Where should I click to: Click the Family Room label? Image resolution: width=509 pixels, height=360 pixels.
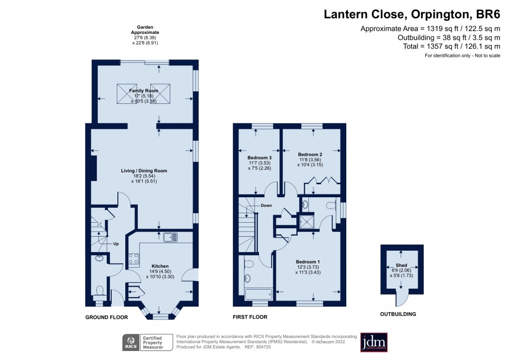pos(144,90)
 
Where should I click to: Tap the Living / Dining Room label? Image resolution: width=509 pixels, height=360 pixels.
pos(144,171)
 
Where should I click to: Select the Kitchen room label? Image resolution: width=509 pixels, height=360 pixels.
pos(160,266)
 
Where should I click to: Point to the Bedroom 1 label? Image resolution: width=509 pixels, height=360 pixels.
pos(307,262)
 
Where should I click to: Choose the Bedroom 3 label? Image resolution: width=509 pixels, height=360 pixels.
pos(256,158)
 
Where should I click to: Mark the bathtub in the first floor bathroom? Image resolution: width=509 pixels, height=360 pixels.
pos(257,294)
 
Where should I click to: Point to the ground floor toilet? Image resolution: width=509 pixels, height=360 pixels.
pos(99,290)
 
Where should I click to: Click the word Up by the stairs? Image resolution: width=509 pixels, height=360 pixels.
pos(116,244)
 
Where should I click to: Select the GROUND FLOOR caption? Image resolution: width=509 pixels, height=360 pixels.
pos(106,317)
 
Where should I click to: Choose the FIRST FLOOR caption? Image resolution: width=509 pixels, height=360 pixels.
pos(250,317)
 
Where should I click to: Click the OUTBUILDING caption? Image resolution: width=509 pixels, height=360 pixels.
pos(399,314)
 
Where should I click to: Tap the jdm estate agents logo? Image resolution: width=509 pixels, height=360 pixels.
pos(374,342)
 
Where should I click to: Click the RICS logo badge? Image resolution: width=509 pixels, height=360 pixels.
pos(131,343)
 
